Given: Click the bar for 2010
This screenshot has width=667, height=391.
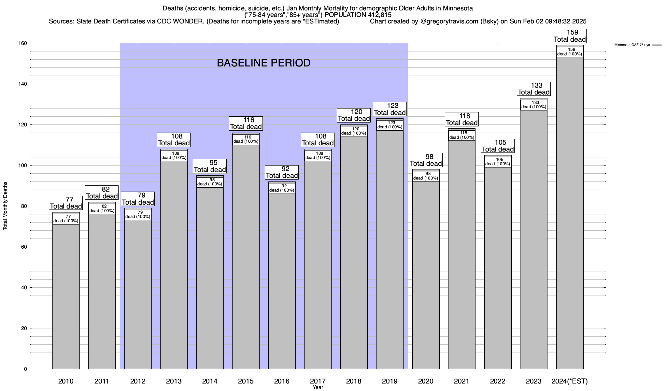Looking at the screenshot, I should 66,293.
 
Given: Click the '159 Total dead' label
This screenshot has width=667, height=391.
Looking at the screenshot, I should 570,36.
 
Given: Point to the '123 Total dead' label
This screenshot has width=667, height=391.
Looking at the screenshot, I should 390,109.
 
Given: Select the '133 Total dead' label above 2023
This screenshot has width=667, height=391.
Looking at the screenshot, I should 533,89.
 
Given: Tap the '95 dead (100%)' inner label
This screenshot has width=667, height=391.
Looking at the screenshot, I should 210,182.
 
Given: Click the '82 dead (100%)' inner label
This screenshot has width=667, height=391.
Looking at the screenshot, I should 102,209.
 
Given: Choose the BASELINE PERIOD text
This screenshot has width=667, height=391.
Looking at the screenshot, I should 263,63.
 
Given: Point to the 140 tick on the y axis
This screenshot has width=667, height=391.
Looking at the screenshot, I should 23,84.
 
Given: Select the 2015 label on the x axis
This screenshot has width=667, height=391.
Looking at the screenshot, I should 246,381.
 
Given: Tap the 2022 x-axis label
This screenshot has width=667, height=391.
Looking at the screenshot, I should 498,381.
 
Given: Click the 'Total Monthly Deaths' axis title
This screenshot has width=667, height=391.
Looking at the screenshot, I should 5,206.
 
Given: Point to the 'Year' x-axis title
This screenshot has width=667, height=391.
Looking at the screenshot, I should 318,387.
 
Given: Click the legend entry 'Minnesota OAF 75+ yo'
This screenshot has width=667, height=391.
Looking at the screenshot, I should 632,45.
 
